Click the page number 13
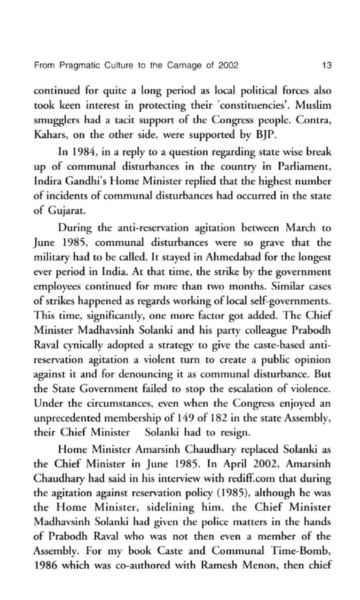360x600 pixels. click(327, 65)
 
